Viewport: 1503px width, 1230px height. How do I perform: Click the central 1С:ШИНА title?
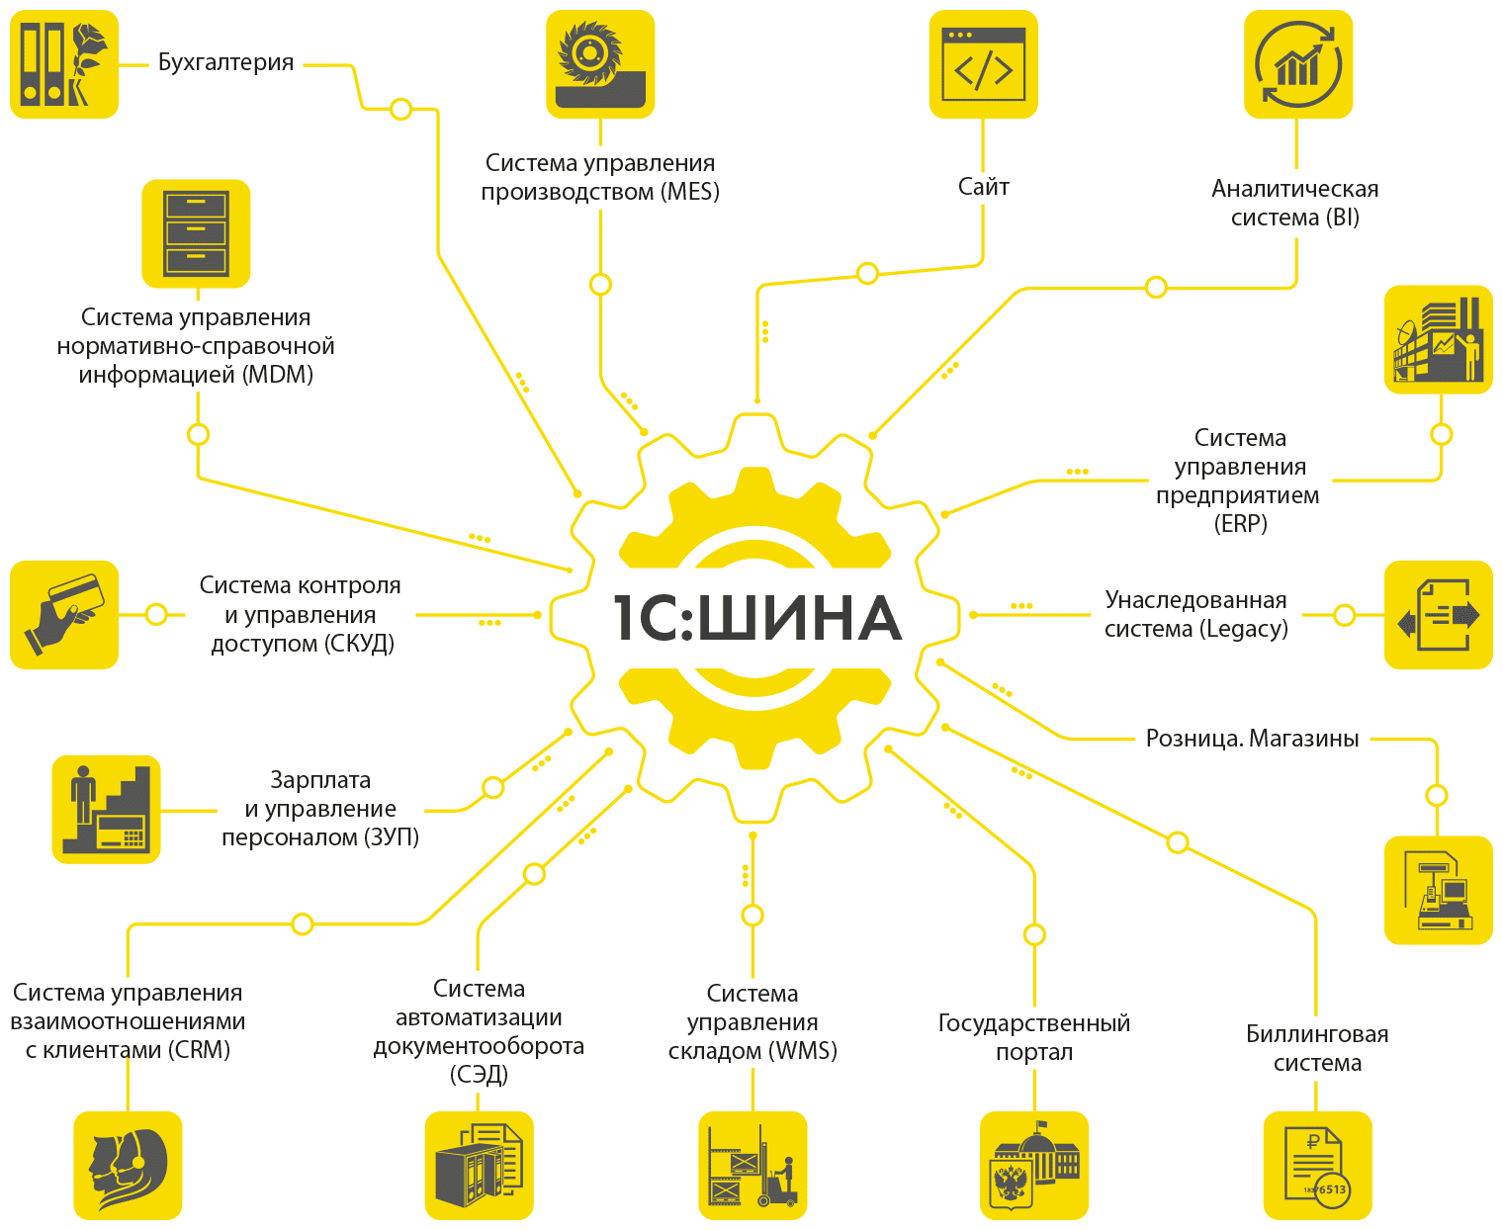(756, 617)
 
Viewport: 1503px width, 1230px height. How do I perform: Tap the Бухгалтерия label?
(225, 62)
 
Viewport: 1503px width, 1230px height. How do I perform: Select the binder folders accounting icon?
(64, 64)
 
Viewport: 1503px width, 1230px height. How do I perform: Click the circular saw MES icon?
(600, 64)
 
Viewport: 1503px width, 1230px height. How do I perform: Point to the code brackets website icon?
(983, 64)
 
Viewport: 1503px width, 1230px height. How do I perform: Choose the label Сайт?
(983, 187)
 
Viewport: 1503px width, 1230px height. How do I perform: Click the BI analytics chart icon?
(1297, 64)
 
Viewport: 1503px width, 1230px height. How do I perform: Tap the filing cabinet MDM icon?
(196, 233)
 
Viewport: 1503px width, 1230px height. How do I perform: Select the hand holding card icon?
(64, 614)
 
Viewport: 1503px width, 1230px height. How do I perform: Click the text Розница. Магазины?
(1252, 739)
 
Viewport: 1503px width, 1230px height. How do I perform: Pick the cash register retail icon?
(1438, 890)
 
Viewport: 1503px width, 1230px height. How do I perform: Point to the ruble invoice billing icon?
(1317, 1165)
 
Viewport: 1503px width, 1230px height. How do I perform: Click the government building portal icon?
(1034, 1165)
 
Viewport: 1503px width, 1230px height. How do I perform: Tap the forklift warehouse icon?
(752, 1165)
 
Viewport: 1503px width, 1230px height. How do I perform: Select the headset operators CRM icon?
(128, 1165)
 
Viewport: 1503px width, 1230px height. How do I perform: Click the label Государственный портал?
(1034, 1037)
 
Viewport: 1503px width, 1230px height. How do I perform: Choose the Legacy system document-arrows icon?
(1438, 614)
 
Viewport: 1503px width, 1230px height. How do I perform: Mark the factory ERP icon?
(1438, 339)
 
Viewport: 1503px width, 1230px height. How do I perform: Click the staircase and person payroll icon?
(106, 810)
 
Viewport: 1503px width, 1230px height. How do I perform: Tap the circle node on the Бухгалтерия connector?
(401, 109)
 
